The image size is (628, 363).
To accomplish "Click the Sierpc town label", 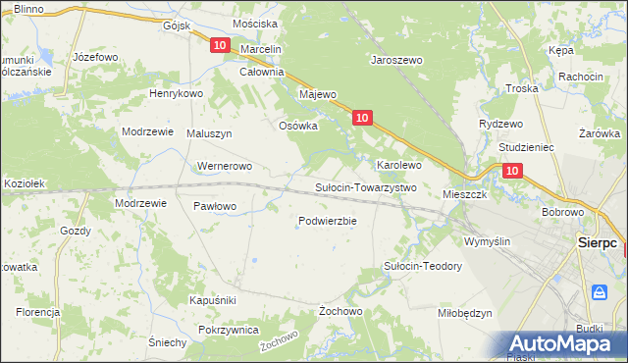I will [x=597, y=240].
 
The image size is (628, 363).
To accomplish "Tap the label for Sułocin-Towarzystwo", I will [x=366, y=187].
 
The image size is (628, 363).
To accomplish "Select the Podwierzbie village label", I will [x=327, y=221].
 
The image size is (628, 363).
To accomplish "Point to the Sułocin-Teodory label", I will [x=422, y=266].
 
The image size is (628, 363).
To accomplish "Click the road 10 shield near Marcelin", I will [x=220, y=45].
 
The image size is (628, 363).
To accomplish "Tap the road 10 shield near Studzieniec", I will [x=512, y=170].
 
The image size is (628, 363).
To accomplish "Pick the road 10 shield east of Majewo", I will [x=362, y=118].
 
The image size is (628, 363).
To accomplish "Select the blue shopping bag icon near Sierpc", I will [x=599, y=291].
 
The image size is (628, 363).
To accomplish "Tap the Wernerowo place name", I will [x=226, y=167].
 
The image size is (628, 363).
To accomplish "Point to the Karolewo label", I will [x=399, y=165].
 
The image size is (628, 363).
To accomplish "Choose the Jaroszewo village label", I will [x=395, y=60].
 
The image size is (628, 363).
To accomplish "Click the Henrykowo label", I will [x=175, y=93].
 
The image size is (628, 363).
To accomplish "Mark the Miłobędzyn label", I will [x=464, y=313].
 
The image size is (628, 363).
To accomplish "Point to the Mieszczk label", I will [x=465, y=194].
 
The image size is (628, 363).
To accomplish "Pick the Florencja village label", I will [x=37, y=312].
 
